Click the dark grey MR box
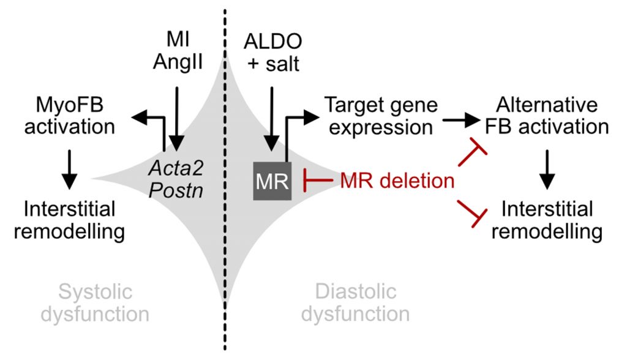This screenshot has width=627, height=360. point(272,181)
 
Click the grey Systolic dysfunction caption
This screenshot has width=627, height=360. point(103,302)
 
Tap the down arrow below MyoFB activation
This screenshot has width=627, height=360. point(70,165)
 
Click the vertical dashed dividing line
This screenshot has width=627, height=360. point(225,184)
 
